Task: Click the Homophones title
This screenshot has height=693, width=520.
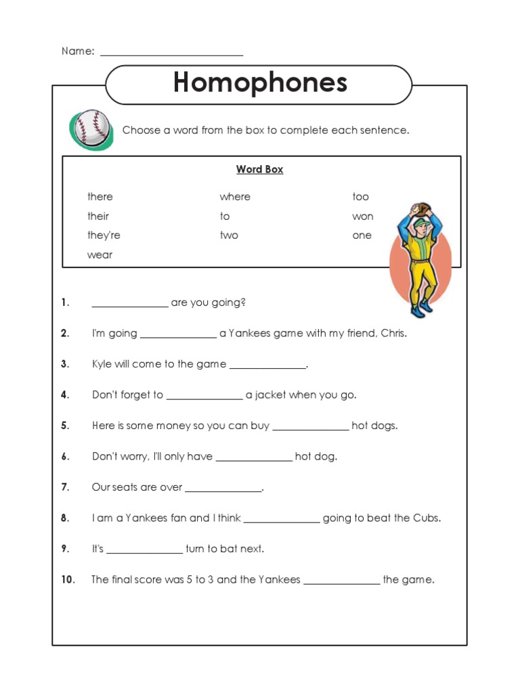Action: pyautogui.click(x=260, y=83)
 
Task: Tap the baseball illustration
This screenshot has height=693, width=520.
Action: pyautogui.click(x=91, y=129)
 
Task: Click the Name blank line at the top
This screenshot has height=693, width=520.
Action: pyautogui.click(x=171, y=53)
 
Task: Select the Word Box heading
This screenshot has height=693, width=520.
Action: pyautogui.click(x=259, y=169)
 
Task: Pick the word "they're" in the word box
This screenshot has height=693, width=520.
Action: pyautogui.click(x=104, y=236)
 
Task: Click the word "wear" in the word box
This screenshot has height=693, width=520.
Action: pyautogui.click(x=100, y=255)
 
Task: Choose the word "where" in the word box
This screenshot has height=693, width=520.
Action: pyautogui.click(x=234, y=197)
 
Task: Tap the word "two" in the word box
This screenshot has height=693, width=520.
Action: pyautogui.click(x=228, y=236)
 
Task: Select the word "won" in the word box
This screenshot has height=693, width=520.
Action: pyautogui.click(x=362, y=217)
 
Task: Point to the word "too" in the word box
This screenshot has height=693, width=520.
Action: pyautogui.click(x=360, y=197)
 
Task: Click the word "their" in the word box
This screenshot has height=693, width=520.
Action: pyautogui.click(x=97, y=217)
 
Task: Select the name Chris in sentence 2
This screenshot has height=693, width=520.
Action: pyautogui.click(x=393, y=334)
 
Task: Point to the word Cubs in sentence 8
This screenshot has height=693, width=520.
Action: pyautogui.click(x=426, y=518)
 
